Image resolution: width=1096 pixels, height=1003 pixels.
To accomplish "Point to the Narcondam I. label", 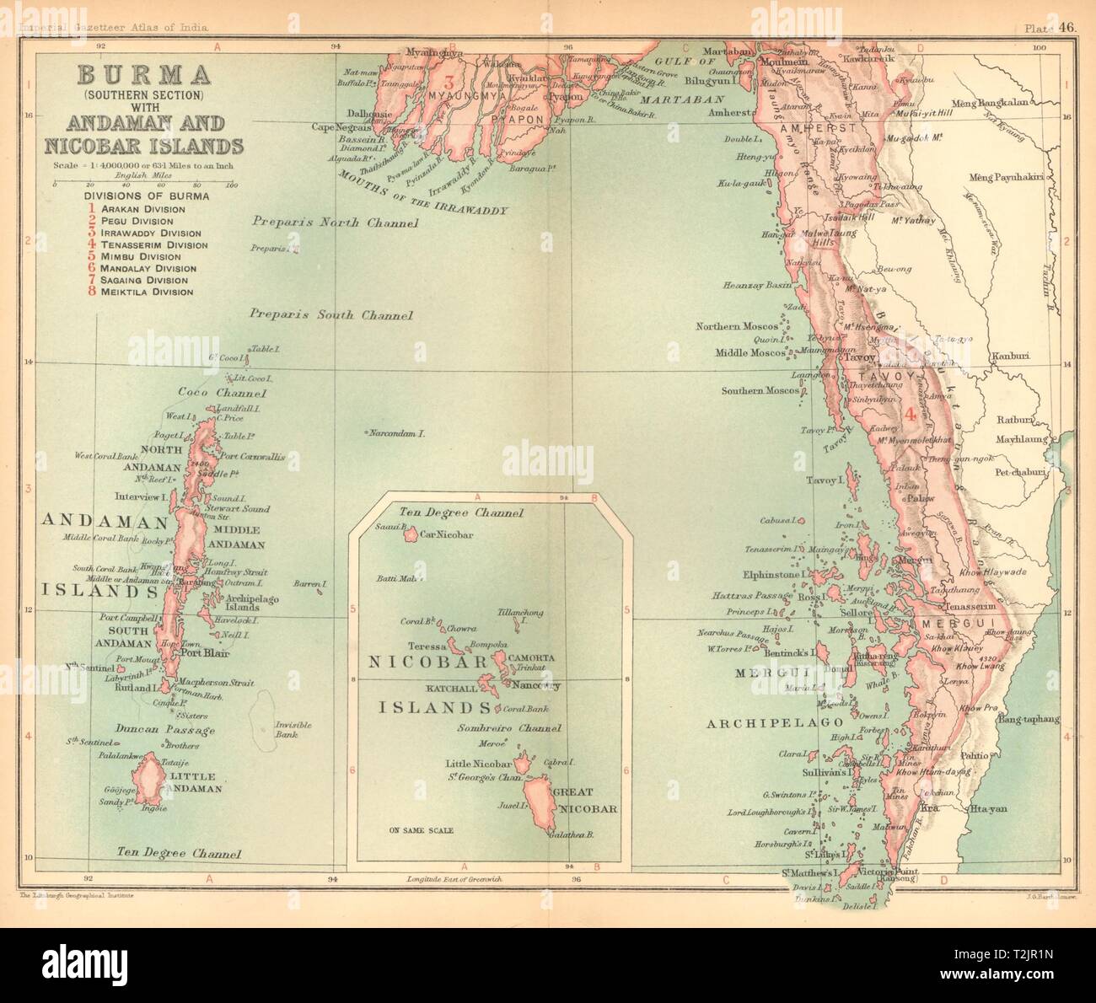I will coord(394,433).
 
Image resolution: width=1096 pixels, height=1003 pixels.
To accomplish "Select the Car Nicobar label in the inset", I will coord(446,534).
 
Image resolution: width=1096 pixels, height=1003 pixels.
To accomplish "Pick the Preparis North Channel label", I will coord(335,223).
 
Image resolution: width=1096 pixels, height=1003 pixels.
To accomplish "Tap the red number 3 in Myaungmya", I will coord(449,83).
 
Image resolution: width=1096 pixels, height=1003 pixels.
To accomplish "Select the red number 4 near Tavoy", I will coord(911,415).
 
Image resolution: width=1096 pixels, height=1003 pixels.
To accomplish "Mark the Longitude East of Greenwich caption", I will coord(455,878).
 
